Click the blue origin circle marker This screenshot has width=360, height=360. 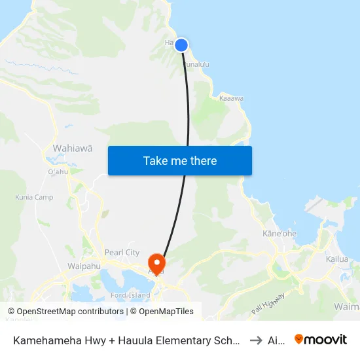click(181, 45)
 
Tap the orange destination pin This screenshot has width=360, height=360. click(157, 262)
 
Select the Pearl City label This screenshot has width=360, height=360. click(122, 253)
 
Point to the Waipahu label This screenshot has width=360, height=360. click(84, 266)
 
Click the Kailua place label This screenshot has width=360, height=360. click(336, 259)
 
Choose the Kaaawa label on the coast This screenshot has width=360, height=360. click(232, 99)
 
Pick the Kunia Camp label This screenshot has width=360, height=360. click(35, 198)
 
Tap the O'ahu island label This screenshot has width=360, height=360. click(58, 172)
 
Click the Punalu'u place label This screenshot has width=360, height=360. click(196, 64)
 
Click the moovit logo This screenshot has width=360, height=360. click(321, 339)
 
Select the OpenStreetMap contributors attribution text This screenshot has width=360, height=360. click(66, 312)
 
